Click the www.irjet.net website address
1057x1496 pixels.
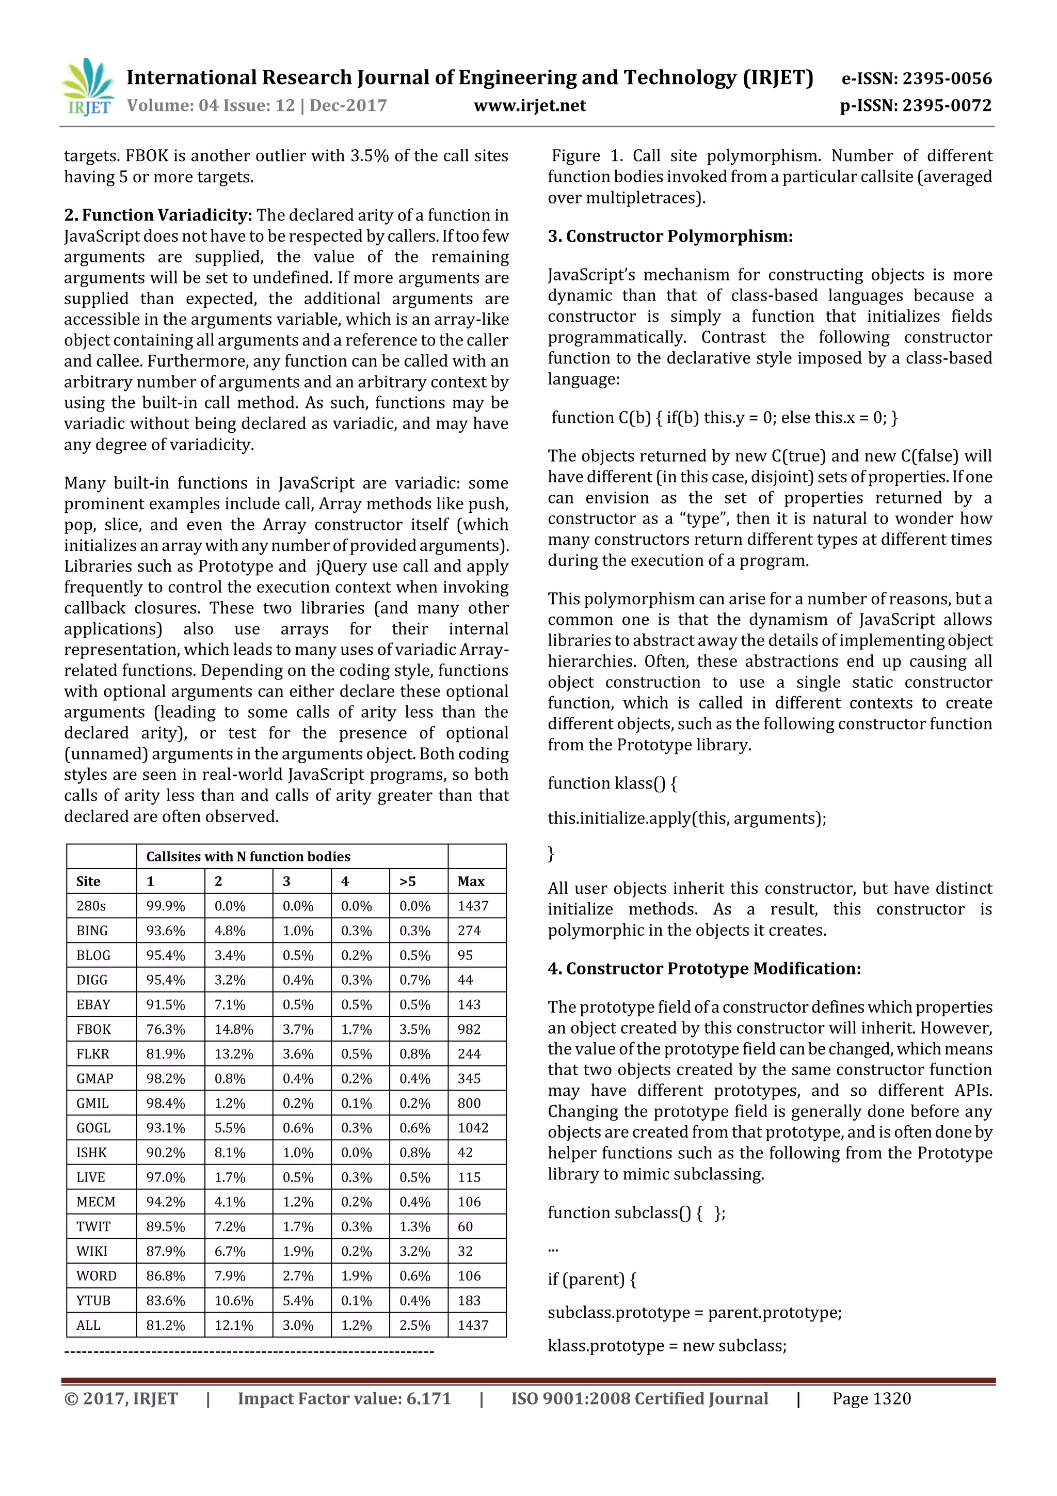point(530,105)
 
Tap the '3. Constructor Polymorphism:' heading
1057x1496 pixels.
point(669,236)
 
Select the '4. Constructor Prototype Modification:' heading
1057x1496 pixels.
point(703,968)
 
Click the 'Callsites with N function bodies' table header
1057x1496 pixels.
point(248,856)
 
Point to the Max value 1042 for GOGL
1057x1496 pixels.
point(473,1127)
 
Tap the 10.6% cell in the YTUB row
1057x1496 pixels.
point(233,1300)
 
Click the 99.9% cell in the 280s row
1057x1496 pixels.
point(166,906)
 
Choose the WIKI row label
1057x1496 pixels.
point(92,1251)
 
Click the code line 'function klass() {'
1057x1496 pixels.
point(612,782)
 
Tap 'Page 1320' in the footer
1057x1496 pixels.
point(871,1398)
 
